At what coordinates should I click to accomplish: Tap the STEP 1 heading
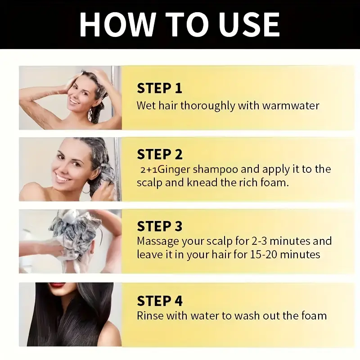159,88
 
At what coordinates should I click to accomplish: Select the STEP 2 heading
160,154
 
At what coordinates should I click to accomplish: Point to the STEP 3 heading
160,226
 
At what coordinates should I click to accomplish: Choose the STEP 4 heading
160,300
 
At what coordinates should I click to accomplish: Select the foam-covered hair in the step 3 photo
74,232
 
